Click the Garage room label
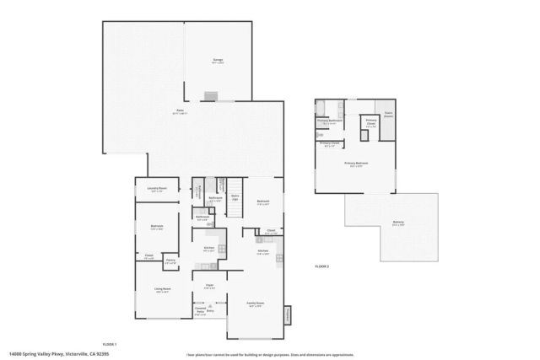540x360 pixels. (x=218, y=61)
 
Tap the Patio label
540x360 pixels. (x=180, y=111)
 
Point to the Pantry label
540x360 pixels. (x=170, y=261)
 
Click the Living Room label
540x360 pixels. (x=162, y=289)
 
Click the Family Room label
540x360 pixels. (x=255, y=304)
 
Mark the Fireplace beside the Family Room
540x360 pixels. (x=288, y=314)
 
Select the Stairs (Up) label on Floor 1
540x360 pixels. (x=235, y=197)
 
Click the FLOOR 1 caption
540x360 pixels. (x=109, y=345)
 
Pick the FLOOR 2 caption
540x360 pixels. (x=321, y=266)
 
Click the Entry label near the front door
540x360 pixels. (x=210, y=311)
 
